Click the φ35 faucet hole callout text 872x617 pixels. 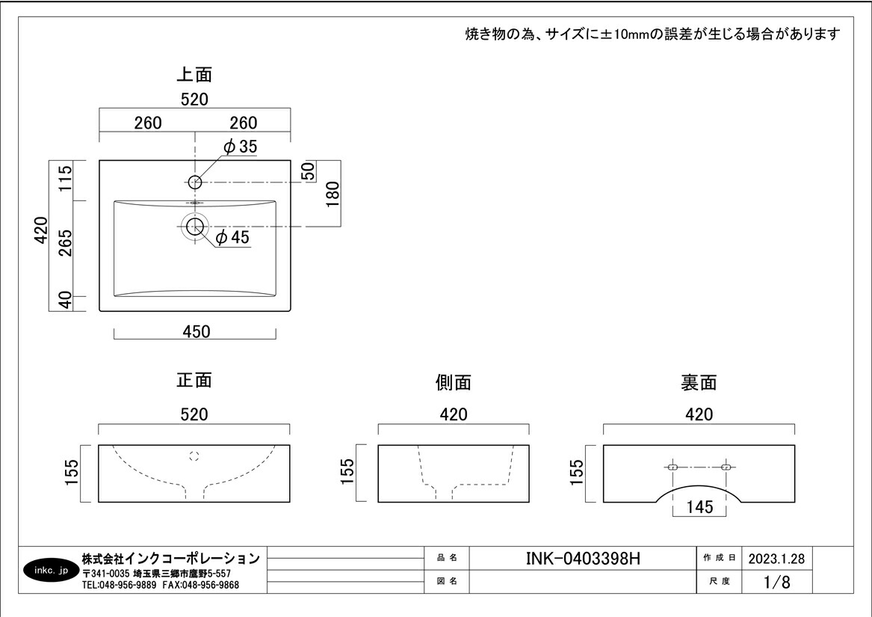[x=240, y=147]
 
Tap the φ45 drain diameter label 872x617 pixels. [x=232, y=238]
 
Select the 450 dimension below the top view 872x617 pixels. [x=196, y=331]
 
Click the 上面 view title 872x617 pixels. [x=194, y=75]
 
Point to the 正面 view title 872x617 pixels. [x=194, y=380]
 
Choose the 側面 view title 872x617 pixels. [x=454, y=383]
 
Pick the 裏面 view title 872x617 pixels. [x=699, y=383]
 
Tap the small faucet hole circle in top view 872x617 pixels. [x=195, y=182]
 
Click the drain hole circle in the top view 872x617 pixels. [x=195, y=226]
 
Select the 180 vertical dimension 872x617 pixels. [x=333, y=194]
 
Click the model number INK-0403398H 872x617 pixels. [x=584, y=559]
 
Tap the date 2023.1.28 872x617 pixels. [x=776, y=559]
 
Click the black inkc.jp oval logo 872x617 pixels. [x=52, y=571]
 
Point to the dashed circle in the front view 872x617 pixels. [x=195, y=455]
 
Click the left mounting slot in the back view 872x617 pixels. [x=672, y=467]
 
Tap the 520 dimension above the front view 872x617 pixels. [x=194, y=414]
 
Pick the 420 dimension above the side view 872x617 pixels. [x=454, y=414]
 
